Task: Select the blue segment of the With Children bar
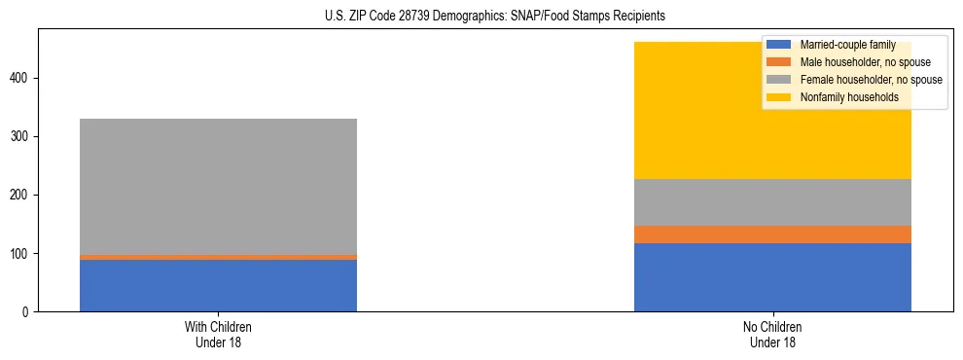point(218,285)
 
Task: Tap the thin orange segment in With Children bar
point(218,257)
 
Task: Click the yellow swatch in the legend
point(779,97)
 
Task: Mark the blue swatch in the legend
point(779,45)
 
